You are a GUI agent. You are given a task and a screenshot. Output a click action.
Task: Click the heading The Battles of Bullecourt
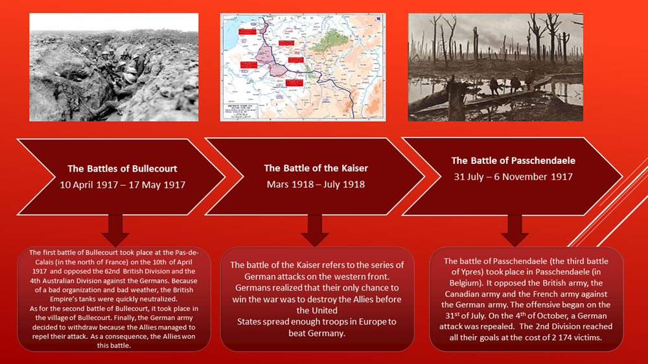click(x=122, y=168)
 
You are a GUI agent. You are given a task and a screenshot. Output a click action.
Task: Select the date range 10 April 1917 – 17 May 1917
click(x=122, y=185)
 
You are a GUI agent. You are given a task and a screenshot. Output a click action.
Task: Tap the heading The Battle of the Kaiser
click(x=316, y=168)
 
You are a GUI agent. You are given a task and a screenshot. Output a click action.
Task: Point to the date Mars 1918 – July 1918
click(x=316, y=185)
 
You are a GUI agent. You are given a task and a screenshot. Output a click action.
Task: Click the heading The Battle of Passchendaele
click(x=513, y=161)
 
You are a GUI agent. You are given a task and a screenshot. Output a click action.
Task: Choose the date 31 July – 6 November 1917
click(x=513, y=177)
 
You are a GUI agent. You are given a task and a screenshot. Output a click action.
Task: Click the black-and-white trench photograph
click(x=114, y=67)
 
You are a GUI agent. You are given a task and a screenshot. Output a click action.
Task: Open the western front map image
click(x=303, y=67)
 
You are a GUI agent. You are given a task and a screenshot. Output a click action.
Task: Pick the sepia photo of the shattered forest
click(x=496, y=67)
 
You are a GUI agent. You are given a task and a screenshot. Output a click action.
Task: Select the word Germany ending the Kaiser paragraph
click(x=316, y=334)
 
